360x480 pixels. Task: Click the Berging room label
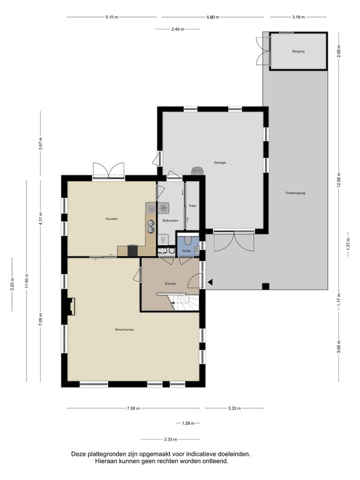[298, 51]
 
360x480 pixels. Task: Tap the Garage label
[220, 162]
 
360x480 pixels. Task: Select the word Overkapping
[295, 193]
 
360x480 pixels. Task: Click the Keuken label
[111, 219]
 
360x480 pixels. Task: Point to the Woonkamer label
[124, 329]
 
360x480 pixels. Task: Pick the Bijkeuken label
[170, 220]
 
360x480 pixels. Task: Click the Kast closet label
[192, 205]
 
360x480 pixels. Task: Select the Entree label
[170, 284]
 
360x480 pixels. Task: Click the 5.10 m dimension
[111, 17]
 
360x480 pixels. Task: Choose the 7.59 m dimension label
[133, 408]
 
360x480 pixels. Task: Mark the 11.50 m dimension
[26, 281]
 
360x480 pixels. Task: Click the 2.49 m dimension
[178, 29]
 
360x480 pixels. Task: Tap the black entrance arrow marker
[210, 282]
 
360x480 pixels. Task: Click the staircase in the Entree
[185, 302]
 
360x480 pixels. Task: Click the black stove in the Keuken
[132, 250]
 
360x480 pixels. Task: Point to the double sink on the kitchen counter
[150, 226]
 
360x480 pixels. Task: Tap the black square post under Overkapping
[265, 286]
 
